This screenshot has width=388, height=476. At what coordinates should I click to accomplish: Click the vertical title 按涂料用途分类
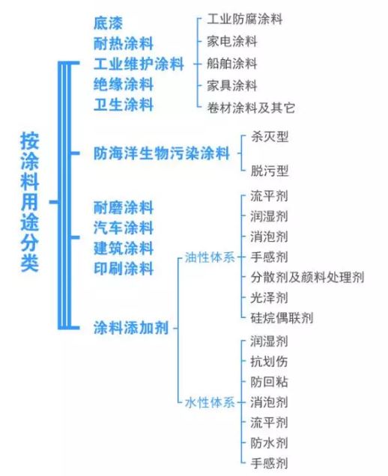(29, 201)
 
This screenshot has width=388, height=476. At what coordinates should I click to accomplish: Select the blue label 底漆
(108, 23)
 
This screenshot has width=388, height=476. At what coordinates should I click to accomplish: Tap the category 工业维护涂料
(139, 64)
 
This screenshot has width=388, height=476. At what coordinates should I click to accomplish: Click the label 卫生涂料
(124, 105)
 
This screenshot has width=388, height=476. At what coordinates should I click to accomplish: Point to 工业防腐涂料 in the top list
(245, 19)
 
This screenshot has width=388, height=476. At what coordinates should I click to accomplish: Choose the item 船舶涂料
(232, 64)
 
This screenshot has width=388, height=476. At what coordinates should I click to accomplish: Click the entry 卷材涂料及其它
(251, 108)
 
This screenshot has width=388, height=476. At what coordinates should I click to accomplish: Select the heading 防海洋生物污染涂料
(161, 153)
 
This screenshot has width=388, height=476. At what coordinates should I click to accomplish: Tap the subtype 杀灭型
(270, 137)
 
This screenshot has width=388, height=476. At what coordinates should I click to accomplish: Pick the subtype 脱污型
(270, 171)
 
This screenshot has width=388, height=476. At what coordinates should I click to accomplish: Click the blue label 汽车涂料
(124, 228)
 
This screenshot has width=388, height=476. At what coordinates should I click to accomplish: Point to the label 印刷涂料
(124, 269)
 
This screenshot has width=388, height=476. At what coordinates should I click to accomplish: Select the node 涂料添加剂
(131, 328)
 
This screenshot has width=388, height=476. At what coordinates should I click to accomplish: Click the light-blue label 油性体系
(210, 257)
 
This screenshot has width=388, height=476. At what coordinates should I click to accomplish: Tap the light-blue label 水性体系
(210, 403)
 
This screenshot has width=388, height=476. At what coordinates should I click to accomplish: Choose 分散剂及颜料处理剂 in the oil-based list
(307, 277)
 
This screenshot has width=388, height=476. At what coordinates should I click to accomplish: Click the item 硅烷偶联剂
(282, 318)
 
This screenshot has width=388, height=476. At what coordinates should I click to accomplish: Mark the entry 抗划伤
(269, 361)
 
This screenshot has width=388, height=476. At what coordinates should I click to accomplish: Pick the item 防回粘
(269, 382)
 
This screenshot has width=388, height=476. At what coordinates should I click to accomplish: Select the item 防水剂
(269, 443)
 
